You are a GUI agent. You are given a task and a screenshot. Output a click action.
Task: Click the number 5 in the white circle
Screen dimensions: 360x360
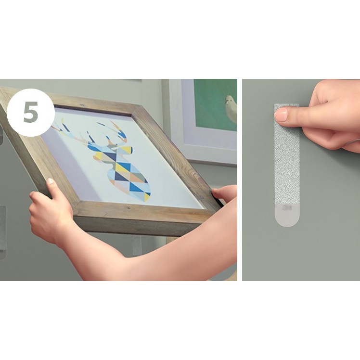[x=31, y=112]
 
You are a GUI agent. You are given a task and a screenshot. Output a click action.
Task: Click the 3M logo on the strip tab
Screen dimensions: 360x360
[x=287, y=208]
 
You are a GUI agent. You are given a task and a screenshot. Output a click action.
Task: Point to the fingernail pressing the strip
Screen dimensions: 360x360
[x=281, y=115]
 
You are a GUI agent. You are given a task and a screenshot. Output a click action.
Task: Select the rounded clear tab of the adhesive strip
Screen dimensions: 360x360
[x=287, y=215]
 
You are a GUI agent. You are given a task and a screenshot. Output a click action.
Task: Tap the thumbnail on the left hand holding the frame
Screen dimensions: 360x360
[x=50, y=181]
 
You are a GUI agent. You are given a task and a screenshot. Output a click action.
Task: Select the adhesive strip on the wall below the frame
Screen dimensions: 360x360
[x=137, y=245]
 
